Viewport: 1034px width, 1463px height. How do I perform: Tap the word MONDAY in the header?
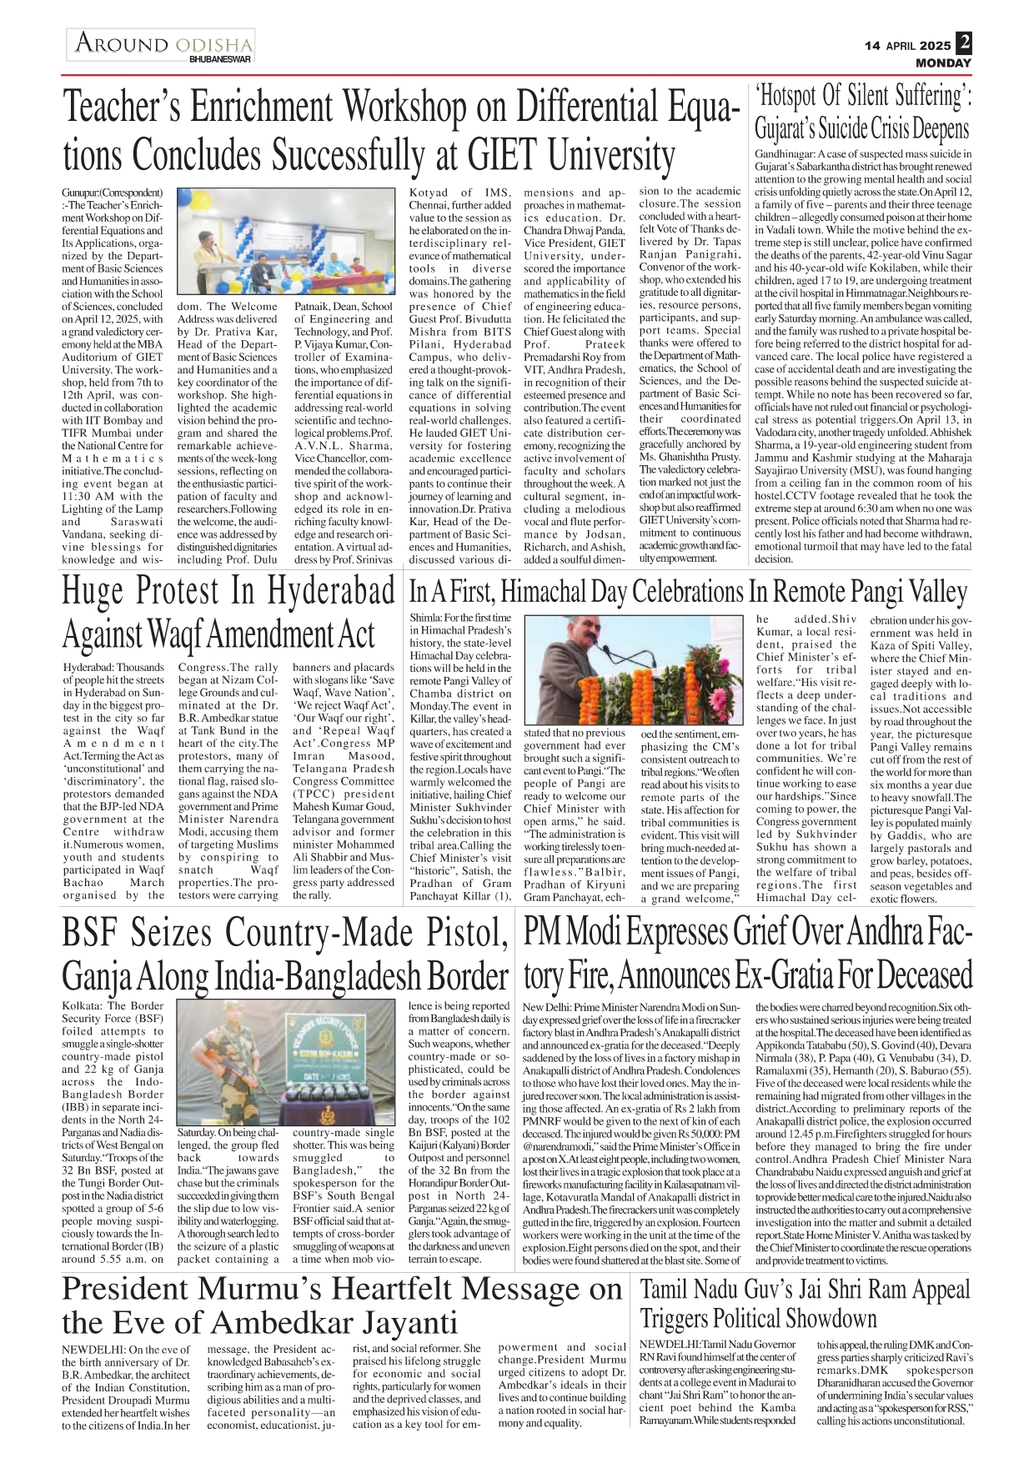tap(943, 63)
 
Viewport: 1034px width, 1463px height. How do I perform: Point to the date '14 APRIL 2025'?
tap(907, 46)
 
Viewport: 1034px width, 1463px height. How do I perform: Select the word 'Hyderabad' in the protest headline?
tap(331, 591)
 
